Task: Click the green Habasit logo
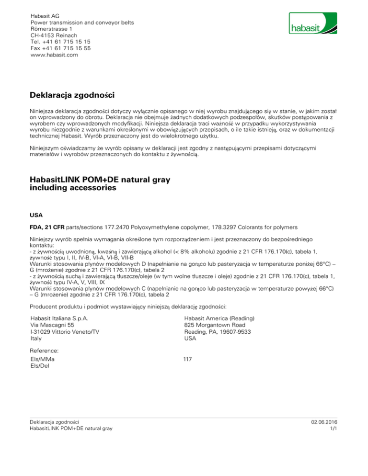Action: [x=313, y=24]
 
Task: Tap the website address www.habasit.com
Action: [x=54, y=55]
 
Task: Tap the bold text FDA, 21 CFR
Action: [x=50, y=223]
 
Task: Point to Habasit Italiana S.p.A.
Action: [x=58, y=318]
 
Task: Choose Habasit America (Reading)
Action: [x=219, y=318]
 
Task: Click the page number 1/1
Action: [x=334, y=429]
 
